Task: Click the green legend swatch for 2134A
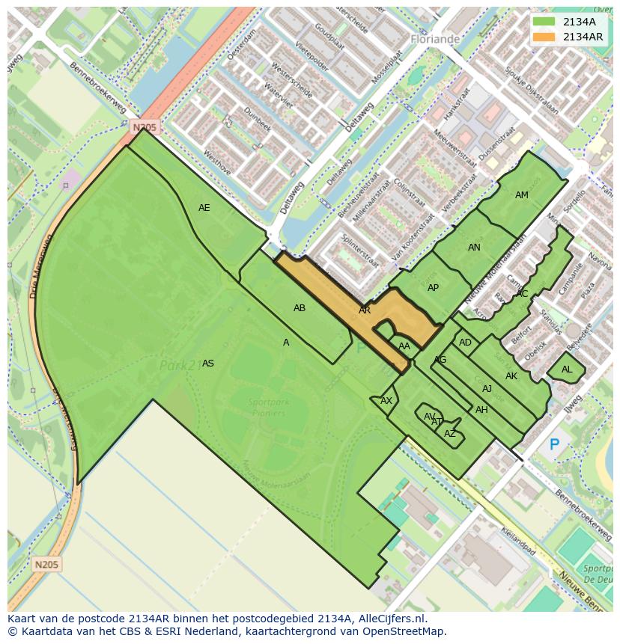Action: point(544,22)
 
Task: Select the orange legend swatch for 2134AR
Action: point(544,37)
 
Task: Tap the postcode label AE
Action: point(204,208)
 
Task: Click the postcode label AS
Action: point(208,364)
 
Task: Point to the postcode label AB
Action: point(300,308)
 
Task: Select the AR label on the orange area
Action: point(365,310)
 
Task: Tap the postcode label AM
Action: point(522,195)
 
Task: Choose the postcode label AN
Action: point(474,248)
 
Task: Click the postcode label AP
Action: point(433,288)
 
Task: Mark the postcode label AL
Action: point(567,369)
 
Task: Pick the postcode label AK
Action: point(511,376)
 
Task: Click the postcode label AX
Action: point(386,401)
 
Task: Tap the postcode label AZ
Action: point(450,434)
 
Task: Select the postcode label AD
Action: point(466,343)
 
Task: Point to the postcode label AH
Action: point(481,410)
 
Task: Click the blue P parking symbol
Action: point(554,445)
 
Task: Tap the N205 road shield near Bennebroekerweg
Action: point(145,128)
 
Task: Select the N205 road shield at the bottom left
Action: point(47,564)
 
